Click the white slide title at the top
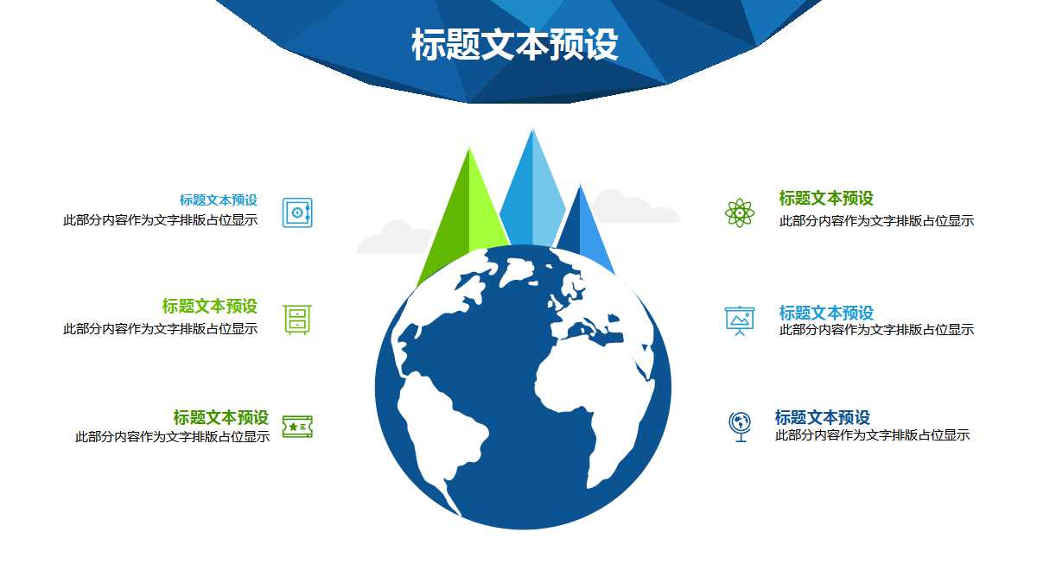tap(515, 46)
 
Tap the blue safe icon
tap(297, 212)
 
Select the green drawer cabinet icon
tap(296, 320)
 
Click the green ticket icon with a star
tap(297, 427)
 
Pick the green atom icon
tap(740, 212)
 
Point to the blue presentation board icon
tap(740, 320)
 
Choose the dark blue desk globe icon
tap(740, 427)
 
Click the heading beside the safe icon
tap(219, 200)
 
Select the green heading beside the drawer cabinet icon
tap(210, 307)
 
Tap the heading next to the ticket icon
tap(221, 418)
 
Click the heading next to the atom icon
tap(826, 199)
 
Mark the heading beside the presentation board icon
tap(826, 313)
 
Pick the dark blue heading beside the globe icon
tap(823, 418)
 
